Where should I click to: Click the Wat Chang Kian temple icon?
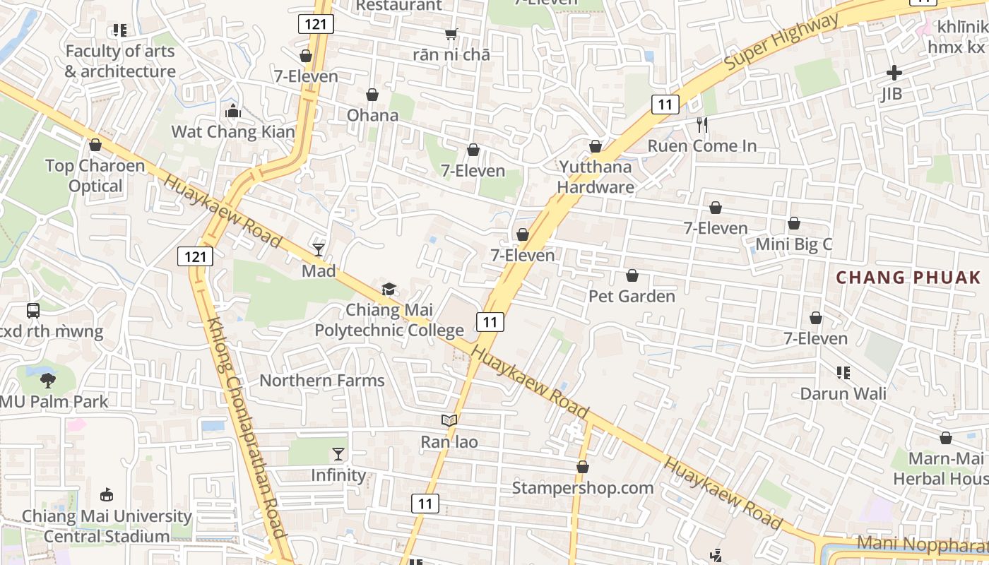[x=232, y=111]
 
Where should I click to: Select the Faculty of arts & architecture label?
[x=120, y=61]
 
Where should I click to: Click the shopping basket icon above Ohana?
[x=372, y=95]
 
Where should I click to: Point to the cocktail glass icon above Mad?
[x=319, y=249]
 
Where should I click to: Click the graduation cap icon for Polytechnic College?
[x=389, y=289]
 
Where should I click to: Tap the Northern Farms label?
[x=322, y=381]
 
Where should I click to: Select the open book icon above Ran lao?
[x=449, y=421]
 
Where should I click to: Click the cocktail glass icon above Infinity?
[x=339, y=453]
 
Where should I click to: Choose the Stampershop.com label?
[x=583, y=488]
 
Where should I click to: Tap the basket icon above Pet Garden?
[x=632, y=275]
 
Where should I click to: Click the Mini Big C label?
[x=794, y=244]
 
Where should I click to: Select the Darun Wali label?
[x=843, y=393]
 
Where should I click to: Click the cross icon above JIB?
[x=894, y=73]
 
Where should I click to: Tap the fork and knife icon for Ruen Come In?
[x=702, y=125]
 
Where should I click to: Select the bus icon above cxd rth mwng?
[x=33, y=310]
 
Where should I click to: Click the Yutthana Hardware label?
[x=596, y=177]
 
